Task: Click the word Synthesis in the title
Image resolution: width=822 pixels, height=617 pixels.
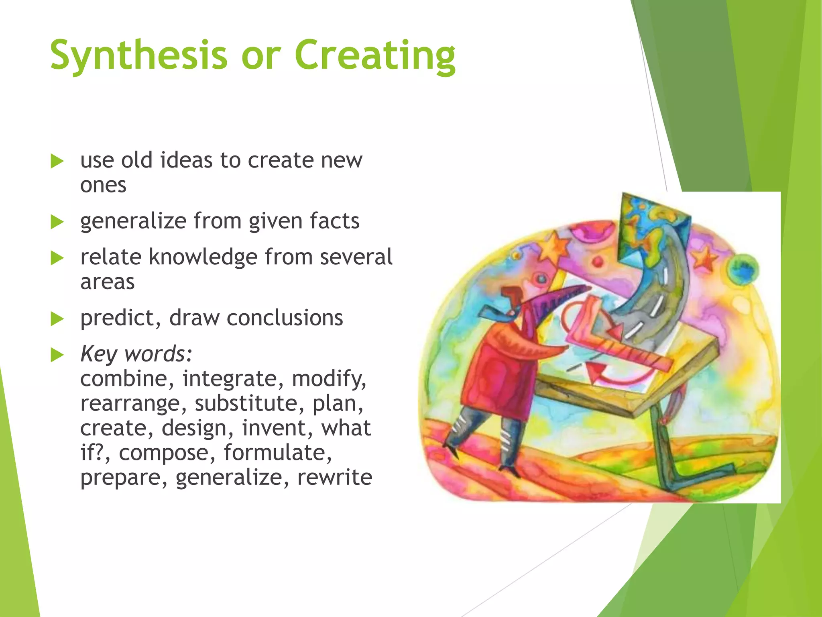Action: click(x=138, y=56)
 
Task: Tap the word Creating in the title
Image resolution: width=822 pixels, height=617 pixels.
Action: click(x=375, y=56)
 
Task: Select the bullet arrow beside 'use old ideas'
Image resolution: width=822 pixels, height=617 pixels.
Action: click(x=57, y=161)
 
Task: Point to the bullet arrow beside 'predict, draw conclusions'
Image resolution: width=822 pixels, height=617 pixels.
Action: click(x=57, y=319)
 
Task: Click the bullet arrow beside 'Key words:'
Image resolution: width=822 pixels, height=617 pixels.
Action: click(x=57, y=355)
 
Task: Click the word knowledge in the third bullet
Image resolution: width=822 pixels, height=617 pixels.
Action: click(x=203, y=257)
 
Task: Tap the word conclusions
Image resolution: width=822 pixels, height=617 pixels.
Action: click(x=285, y=318)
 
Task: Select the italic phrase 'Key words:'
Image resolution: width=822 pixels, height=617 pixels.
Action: click(x=136, y=354)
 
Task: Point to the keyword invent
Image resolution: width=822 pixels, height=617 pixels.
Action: click(x=277, y=428)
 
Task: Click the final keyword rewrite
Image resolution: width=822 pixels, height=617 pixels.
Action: click(x=334, y=478)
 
